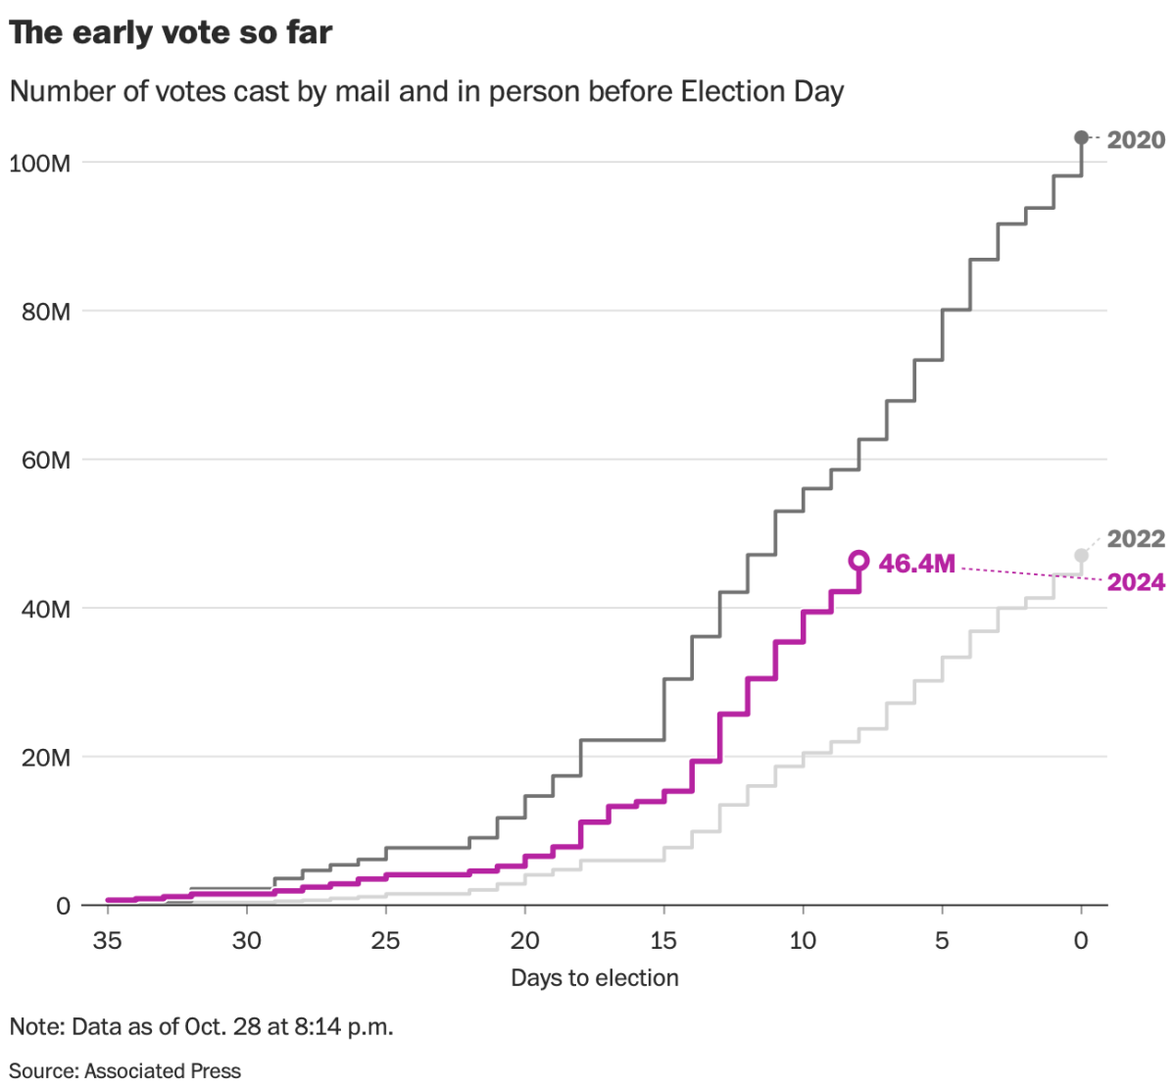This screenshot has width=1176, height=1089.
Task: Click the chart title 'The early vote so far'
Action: (x=171, y=33)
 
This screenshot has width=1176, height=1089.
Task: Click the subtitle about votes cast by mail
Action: (x=426, y=91)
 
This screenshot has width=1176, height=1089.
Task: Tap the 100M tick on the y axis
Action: (x=40, y=163)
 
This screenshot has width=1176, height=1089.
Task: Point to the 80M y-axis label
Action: (x=46, y=312)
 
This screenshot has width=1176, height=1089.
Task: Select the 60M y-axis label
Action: (x=46, y=461)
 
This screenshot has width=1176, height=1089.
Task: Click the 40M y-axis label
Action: (x=46, y=610)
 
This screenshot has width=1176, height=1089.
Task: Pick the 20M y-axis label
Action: (x=46, y=758)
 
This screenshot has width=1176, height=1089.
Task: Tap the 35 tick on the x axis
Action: (x=107, y=941)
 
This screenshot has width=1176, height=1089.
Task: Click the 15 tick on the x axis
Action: (x=663, y=941)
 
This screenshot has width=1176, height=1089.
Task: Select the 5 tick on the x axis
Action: (x=942, y=941)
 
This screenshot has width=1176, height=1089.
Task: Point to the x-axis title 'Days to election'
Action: (x=594, y=978)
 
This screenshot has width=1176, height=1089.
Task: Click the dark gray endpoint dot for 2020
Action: (x=1081, y=137)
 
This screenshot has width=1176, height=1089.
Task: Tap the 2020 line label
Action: (x=1136, y=140)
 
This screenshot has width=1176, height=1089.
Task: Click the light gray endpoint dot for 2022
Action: (x=1081, y=556)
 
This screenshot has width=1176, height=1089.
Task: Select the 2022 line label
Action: (x=1136, y=539)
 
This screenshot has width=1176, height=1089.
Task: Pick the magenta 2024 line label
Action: (x=1136, y=582)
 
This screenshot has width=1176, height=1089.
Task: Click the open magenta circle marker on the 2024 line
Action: (x=858, y=561)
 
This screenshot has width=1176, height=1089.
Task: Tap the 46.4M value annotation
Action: (x=916, y=564)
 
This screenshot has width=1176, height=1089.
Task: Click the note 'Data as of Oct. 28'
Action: (x=201, y=1027)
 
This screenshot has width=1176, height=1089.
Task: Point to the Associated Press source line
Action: (x=124, y=1070)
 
